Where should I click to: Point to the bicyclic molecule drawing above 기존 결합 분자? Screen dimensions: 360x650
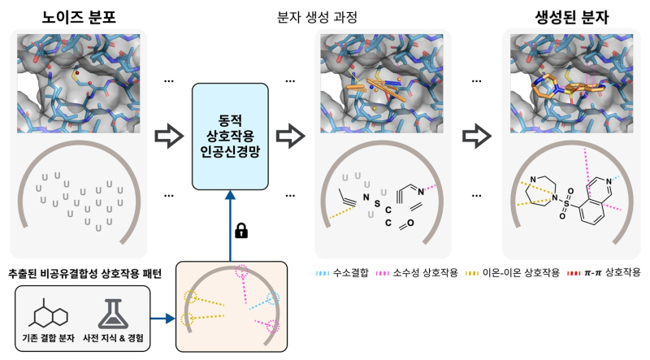[51, 310]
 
